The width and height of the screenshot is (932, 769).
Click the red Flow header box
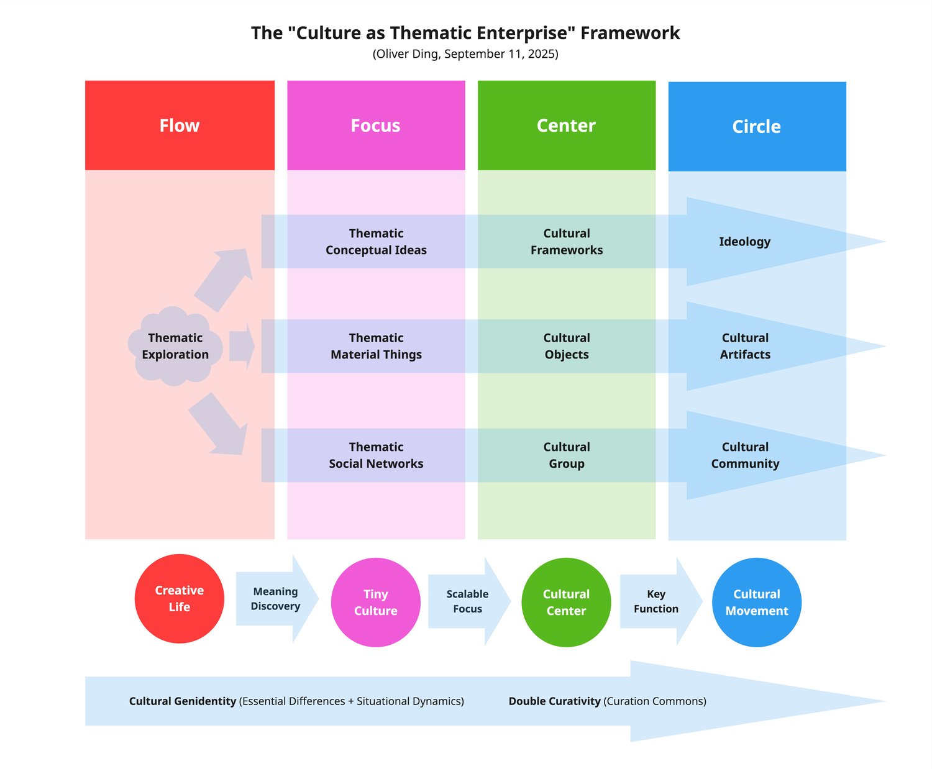tap(180, 125)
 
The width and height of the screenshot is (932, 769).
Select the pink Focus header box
tap(376, 125)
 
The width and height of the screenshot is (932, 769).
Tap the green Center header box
tap(566, 125)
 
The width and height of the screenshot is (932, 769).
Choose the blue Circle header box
tap(757, 126)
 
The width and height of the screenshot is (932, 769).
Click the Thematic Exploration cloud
tap(175, 346)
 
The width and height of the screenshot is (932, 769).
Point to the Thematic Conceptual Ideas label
tap(376, 242)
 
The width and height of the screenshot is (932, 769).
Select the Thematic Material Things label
tap(376, 346)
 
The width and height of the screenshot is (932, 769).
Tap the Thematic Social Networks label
tap(376, 455)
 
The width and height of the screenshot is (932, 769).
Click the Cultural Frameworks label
tap(566, 242)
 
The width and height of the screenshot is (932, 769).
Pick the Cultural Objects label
tap(566, 346)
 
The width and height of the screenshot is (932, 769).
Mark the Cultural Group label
tap(566, 455)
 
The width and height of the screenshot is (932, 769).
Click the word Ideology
tap(744, 242)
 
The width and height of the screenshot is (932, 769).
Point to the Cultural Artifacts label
tap(745, 346)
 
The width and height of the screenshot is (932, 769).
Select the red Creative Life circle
tap(179, 598)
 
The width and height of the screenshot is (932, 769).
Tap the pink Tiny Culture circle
tap(375, 602)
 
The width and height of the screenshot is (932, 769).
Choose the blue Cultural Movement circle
tap(756, 602)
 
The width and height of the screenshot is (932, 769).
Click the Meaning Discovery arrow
tap(276, 599)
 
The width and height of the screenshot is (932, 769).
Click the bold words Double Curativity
tap(554, 701)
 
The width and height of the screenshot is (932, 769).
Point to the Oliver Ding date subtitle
tap(465, 54)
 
